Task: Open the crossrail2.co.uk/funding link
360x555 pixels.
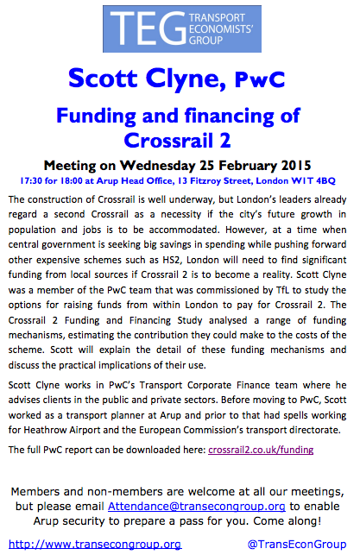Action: [261, 450]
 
